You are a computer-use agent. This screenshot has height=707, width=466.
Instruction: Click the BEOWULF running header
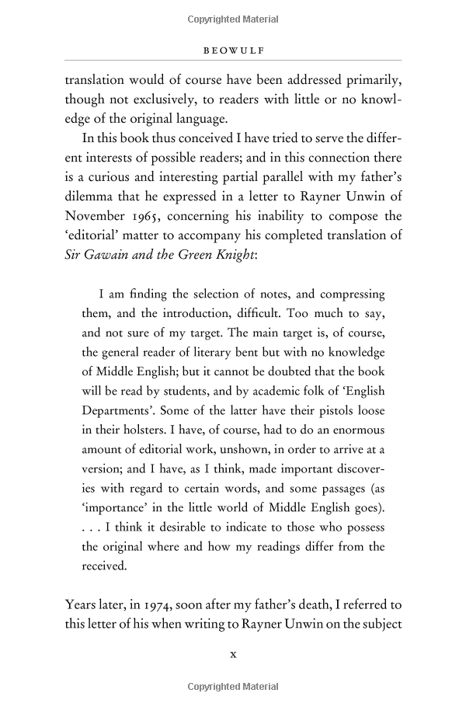pyautogui.click(x=233, y=47)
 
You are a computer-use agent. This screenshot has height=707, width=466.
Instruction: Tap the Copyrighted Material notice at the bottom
pyautogui.click(x=233, y=688)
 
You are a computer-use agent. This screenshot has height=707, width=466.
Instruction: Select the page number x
pyautogui.click(x=233, y=654)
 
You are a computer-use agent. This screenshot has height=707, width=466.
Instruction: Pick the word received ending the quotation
pyautogui.click(x=104, y=566)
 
